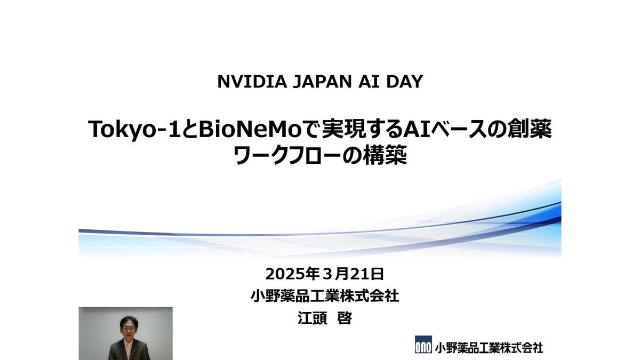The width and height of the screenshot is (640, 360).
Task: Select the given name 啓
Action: click(345, 318)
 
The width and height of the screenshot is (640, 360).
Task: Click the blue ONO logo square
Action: click(422, 346)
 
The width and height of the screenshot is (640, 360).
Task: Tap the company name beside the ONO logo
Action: click(489, 347)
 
